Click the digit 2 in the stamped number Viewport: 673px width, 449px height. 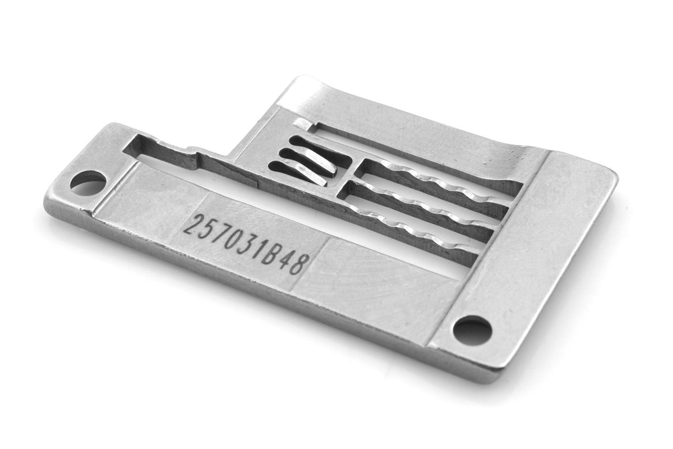[192, 226]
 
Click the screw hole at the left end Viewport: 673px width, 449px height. [88, 183]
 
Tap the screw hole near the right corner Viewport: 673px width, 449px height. [472, 330]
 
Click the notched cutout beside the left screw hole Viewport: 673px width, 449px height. [163, 150]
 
